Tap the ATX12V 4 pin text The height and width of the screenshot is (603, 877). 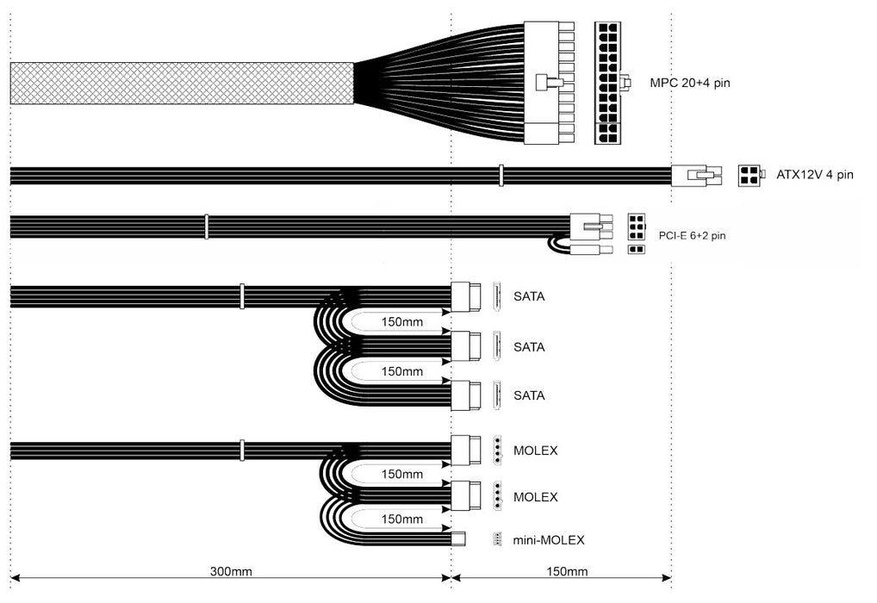(815, 175)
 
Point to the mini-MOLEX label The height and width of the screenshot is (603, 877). (549, 540)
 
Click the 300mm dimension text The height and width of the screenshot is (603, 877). (231, 571)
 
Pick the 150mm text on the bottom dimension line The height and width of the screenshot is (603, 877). (566, 571)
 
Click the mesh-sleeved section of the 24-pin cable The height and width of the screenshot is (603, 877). (182, 84)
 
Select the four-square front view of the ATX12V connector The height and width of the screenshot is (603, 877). (749, 176)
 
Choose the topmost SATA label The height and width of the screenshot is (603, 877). (529, 297)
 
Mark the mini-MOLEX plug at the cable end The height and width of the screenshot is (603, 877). (459, 540)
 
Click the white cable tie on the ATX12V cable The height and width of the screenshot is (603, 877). (500, 176)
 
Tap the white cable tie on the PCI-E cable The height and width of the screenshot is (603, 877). (206, 227)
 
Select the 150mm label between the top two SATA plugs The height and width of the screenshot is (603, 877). (401, 322)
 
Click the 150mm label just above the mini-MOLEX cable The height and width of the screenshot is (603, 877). (401, 519)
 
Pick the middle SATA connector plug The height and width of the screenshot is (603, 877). (465, 347)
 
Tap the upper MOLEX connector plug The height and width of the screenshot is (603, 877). (465, 450)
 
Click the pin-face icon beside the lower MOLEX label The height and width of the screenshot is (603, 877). (499, 497)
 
